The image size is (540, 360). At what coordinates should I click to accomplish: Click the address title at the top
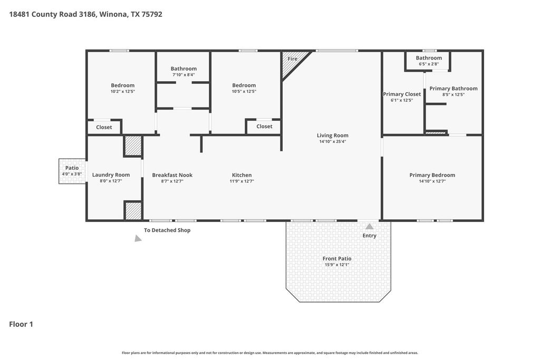[x=85, y=14]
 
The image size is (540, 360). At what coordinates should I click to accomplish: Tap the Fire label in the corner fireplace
[x=292, y=59]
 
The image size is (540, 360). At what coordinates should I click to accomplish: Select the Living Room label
[x=332, y=135]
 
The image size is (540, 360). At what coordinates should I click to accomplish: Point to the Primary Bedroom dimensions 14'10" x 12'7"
[x=432, y=181]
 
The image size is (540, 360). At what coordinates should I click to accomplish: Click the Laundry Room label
[x=111, y=175]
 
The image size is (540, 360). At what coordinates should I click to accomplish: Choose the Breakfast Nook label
[x=172, y=175]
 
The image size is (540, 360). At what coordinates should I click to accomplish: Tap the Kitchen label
[x=242, y=175]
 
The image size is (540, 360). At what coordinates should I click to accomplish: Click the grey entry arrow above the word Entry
[x=369, y=227]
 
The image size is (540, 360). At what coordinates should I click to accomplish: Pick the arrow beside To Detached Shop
[x=138, y=238]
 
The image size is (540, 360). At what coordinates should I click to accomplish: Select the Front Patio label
[x=337, y=258]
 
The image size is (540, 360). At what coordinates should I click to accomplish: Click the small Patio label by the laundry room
[x=72, y=168]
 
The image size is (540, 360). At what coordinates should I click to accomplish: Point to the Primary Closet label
[x=402, y=94]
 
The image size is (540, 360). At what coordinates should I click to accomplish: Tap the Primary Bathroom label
[x=453, y=89]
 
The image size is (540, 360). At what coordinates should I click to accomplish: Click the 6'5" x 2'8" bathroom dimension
[x=429, y=64]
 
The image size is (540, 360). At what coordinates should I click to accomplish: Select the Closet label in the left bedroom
[x=104, y=127]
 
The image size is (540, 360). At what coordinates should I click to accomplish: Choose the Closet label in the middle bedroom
[x=264, y=127]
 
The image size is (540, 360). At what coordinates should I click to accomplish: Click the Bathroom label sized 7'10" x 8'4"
[x=184, y=69]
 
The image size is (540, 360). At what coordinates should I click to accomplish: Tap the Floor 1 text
[x=21, y=324]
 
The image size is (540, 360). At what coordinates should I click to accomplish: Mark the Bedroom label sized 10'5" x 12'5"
[x=244, y=85]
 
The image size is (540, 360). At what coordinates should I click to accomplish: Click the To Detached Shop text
[x=167, y=230]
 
